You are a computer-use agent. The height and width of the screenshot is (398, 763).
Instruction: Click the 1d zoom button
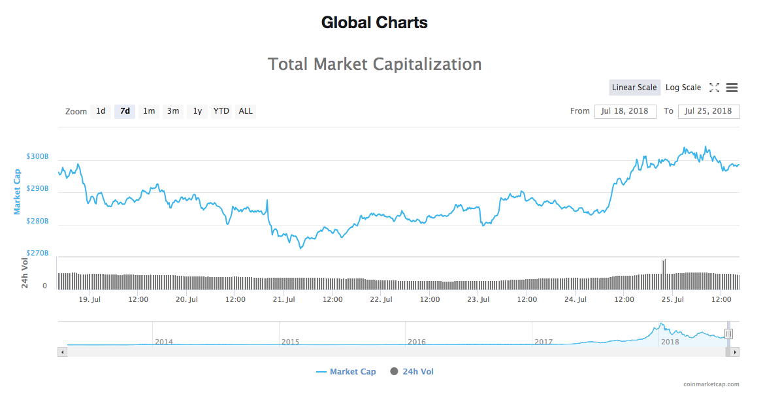(x=101, y=111)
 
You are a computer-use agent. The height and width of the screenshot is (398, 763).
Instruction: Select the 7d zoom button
(x=125, y=111)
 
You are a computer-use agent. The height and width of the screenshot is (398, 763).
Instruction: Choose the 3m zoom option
(x=173, y=111)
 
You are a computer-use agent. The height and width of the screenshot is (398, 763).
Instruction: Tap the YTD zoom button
(x=221, y=111)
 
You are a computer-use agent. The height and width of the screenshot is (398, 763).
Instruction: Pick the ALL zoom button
(x=246, y=111)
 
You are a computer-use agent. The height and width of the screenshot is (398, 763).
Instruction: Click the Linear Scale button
(x=634, y=88)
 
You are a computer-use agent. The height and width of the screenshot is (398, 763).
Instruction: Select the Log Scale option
(x=683, y=88)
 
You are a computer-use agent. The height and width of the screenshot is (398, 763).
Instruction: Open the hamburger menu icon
(x=732, y=88)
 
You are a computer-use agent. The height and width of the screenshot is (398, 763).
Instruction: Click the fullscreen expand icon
(x=714, y=88)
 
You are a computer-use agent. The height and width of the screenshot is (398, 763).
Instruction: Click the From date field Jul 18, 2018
(x=625, y=111)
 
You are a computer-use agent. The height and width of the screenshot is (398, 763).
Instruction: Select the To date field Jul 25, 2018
(x=709, y=111)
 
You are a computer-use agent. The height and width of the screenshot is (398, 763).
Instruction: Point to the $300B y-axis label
(x=37, y=157)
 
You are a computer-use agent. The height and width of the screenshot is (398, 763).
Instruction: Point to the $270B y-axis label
(x=37, y=253)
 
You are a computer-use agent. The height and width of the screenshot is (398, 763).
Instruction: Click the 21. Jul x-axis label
(x=284, y=300)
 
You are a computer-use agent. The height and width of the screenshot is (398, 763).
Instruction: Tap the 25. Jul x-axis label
(x=673, y=300)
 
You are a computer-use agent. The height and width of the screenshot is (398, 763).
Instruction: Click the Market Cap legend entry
(x=346, y=372)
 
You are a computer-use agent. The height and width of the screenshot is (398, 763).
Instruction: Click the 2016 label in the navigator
(x=417, y=342)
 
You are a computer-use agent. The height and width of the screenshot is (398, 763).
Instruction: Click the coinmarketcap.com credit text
(x=711, y=385)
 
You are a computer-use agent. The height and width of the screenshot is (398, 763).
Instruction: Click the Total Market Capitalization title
(x=375, y=64)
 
